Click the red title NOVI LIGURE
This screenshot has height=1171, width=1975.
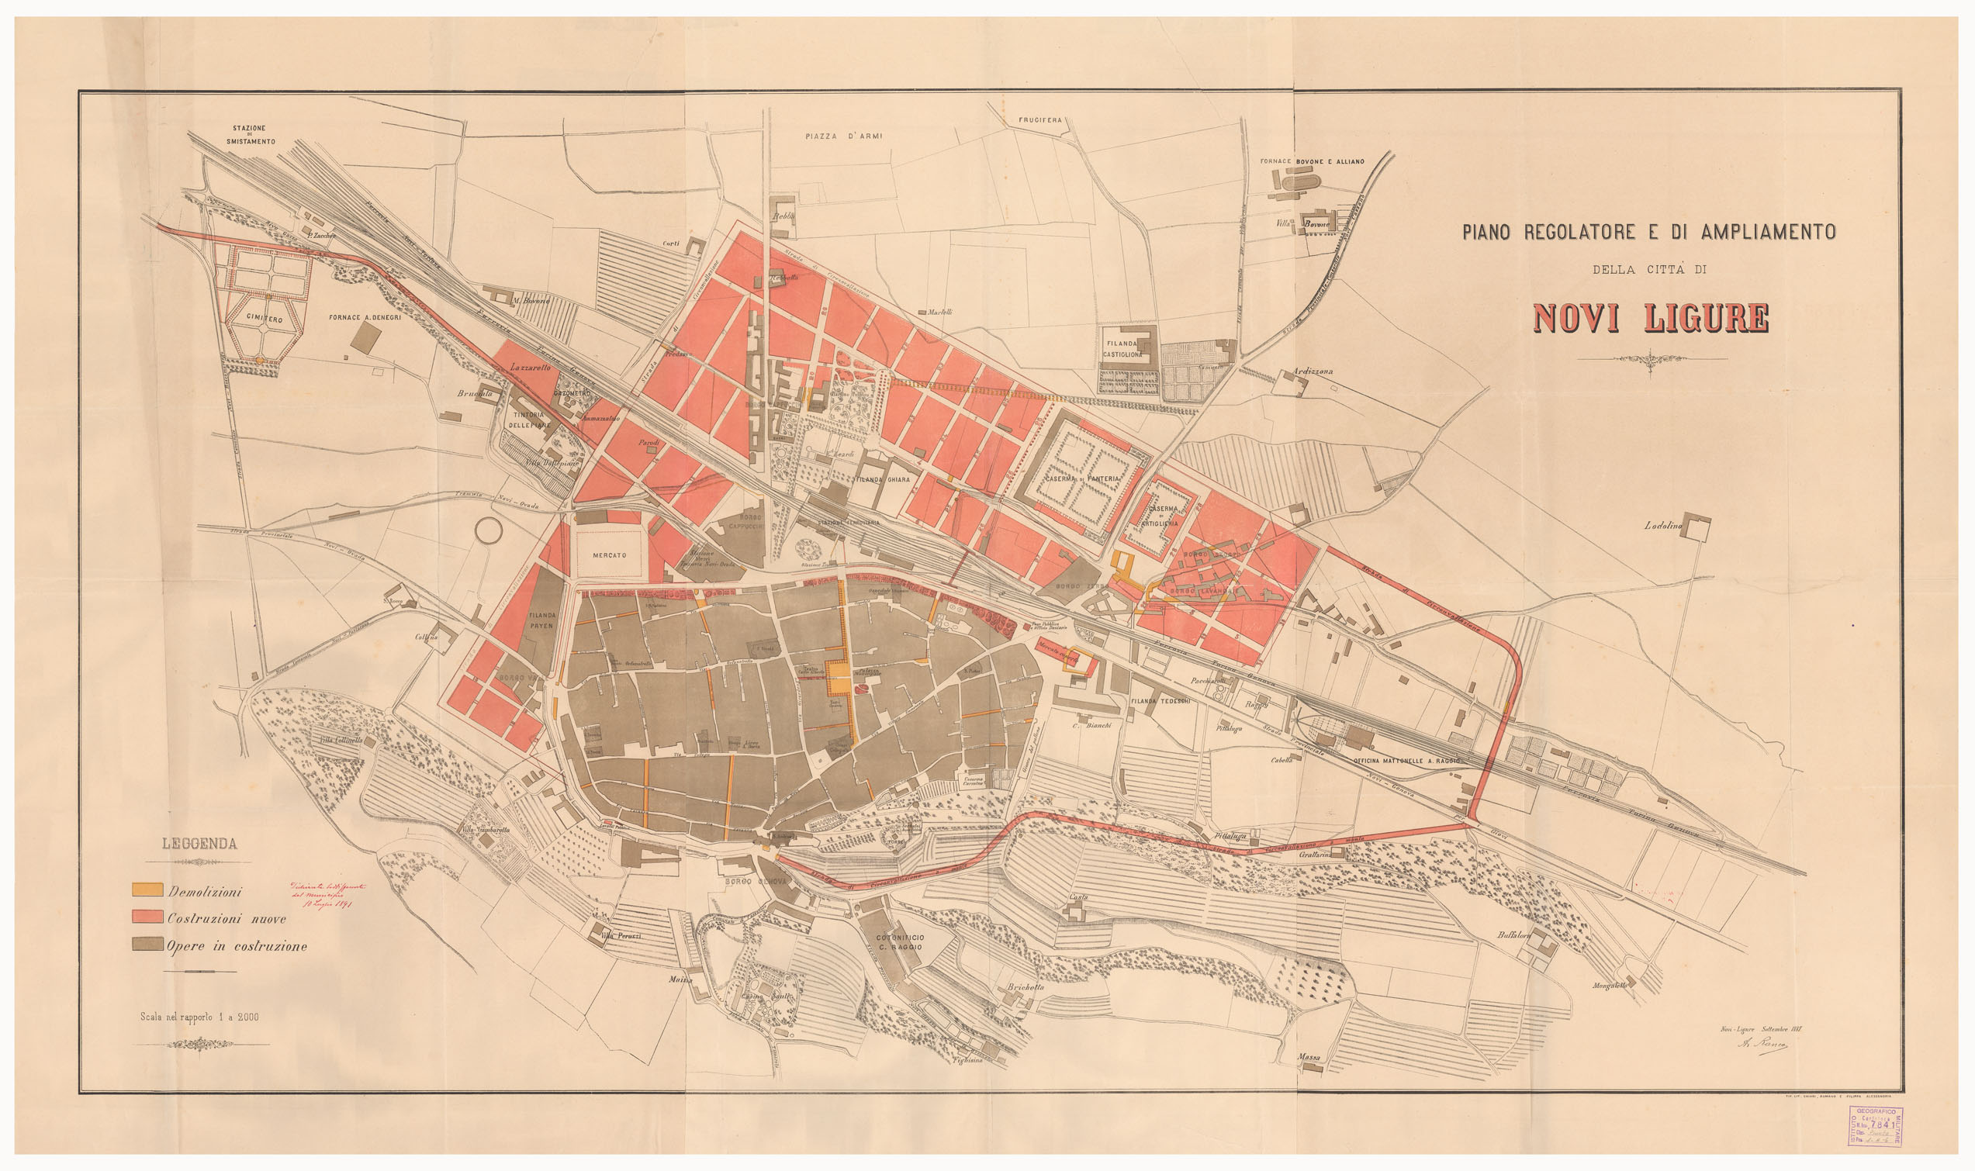[1650, 318]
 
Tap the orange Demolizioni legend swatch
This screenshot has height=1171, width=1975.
[147, 890]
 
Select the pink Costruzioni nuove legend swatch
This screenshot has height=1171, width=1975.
[147, 917]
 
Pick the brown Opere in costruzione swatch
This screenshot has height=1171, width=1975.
[147, 944]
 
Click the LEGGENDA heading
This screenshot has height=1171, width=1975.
[199, 844]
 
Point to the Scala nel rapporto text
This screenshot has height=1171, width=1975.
[199, 1017]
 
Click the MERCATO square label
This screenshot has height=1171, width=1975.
[609, 555]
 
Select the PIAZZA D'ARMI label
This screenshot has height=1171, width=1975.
[843, 136]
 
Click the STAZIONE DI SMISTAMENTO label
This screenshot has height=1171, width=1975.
[250, 134]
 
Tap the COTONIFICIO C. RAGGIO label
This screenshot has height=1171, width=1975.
[900, 942]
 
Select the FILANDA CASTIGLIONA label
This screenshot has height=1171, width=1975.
[1122, 349]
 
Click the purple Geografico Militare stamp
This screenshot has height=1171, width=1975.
[1876, 1126]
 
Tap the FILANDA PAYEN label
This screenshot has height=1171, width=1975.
[542, 620]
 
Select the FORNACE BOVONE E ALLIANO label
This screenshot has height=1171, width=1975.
[1312, 162]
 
